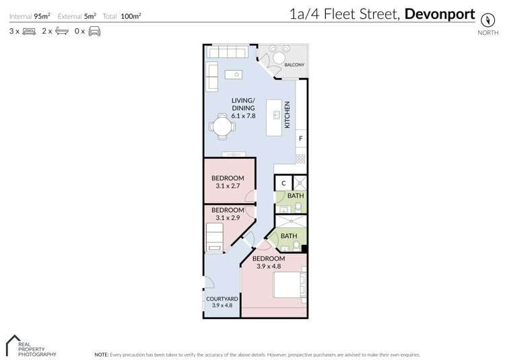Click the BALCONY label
[294, 65]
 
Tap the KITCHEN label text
[287, 115]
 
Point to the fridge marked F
[300, 139]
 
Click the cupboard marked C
[283, 182]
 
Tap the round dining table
[221, 126]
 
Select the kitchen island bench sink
[274, 115]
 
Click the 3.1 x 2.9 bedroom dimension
[228, 217]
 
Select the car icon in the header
[94, 31]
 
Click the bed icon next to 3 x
[29, 31]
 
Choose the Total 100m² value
[131, 15]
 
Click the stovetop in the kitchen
[300, 159]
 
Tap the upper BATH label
[296, 196]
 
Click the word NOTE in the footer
[101, 353]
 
